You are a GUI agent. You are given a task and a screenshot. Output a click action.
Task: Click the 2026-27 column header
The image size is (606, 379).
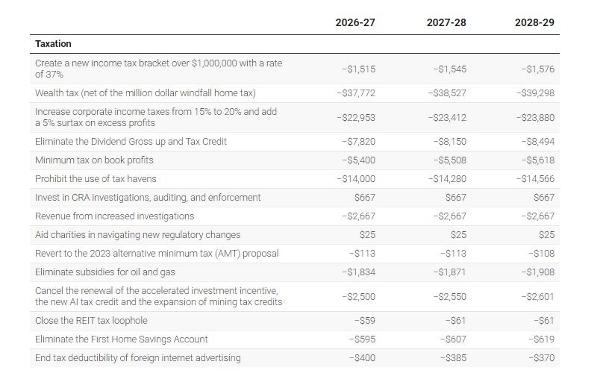pyautogui.click(x=355, y=22)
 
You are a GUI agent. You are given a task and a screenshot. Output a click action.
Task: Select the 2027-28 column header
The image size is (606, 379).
pyautogui.click(x=446, y=22)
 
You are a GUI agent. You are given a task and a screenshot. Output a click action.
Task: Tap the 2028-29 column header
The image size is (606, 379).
pyautogui.click(x=534, y=22)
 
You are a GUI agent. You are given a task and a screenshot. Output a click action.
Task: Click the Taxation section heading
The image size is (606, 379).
pyautogui.click(x=54, y=44)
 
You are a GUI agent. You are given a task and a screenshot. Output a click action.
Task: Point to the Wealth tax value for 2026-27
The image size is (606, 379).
pyautogui.click(x=356, y=93)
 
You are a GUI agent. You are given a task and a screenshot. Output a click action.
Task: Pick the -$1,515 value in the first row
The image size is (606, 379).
pyautogui.click(x=359, y=69)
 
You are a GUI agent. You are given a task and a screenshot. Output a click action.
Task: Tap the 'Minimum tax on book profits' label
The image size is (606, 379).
pyautogui.click(x=94, y=160)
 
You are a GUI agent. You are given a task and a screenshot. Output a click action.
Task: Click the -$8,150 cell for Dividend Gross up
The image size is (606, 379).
pyautogui.click(x=449, y=142)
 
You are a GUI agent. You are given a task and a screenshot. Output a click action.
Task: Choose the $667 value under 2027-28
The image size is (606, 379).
pyautogui.click(x=455, y=198)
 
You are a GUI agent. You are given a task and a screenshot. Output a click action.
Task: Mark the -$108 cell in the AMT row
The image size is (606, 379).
pyautogui.click(x=541, y=254)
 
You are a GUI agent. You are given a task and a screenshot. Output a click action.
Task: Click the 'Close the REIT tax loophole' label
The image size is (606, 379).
pyautogui.click(x=91, y=321)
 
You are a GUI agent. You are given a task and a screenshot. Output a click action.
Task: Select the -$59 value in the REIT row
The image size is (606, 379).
pyautogui.click(x=363, y=321)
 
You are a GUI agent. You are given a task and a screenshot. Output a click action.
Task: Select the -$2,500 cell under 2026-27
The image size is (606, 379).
pyautogui.click(x=359, y=296)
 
